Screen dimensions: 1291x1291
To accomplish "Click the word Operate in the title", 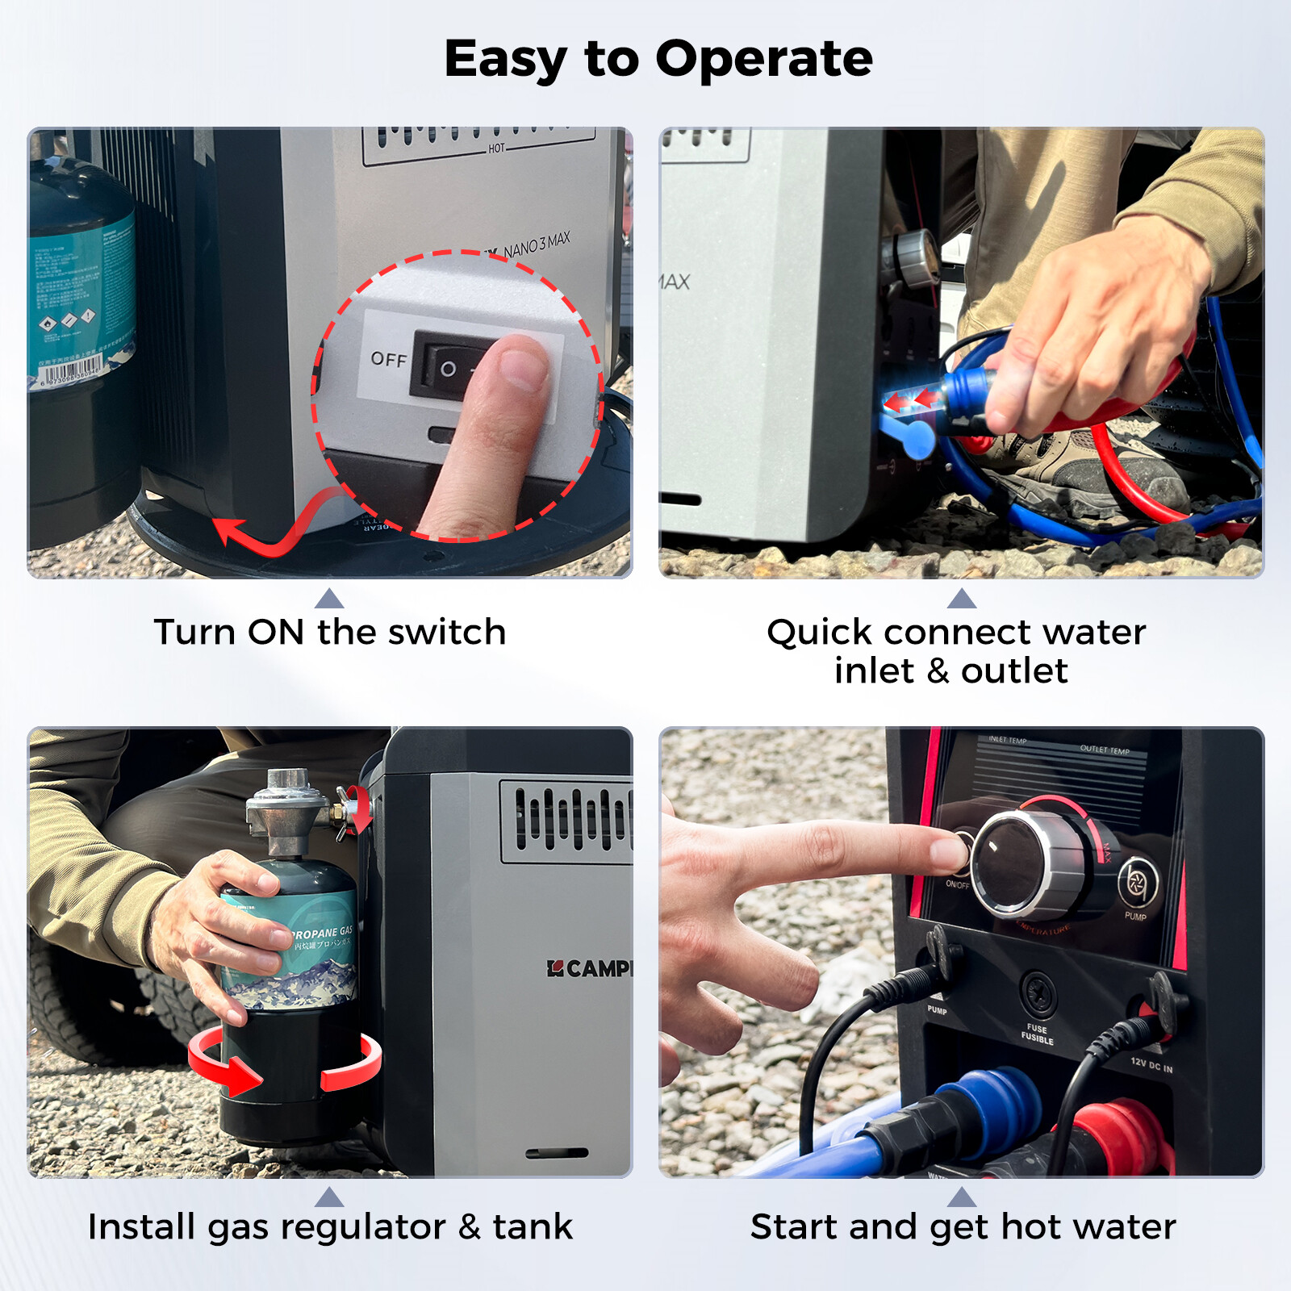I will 763,61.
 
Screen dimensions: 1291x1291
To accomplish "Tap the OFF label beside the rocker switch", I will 388,360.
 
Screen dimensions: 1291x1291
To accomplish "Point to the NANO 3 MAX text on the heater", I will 537,244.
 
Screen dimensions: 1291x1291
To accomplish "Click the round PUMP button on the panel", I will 1138,882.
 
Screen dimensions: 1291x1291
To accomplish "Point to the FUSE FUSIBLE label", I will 1037,1034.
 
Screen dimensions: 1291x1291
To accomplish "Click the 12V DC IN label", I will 1151,1065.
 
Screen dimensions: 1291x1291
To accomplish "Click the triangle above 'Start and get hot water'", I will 961,1197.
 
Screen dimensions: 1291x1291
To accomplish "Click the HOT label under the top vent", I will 496,148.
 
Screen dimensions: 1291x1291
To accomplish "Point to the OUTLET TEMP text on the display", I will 1105,750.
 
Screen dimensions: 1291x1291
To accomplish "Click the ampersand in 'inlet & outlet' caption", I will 938,671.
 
